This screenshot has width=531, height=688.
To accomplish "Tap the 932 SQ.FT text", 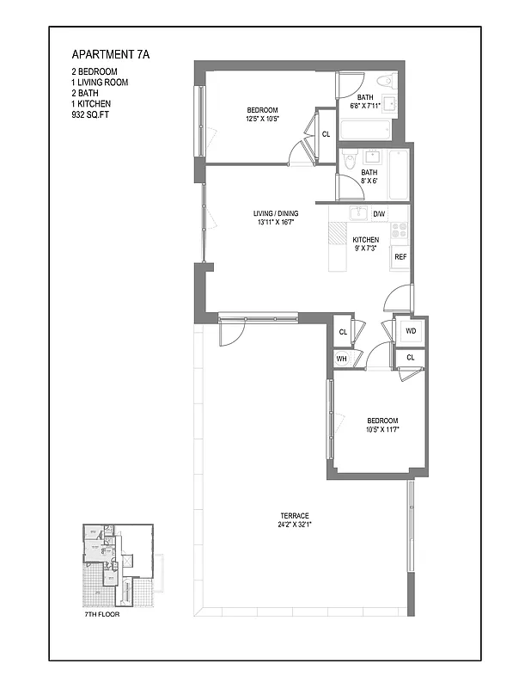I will click(x=95, y=115).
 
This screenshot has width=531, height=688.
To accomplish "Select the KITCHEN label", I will click(x=365, y=240).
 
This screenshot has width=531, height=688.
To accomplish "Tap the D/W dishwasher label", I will click(x=379, y=213).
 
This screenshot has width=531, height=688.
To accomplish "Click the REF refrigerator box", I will click(x=400, y=257).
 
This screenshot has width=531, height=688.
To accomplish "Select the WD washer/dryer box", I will click(x=410, y=330).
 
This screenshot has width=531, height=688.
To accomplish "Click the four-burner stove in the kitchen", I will click(x=400, y=230).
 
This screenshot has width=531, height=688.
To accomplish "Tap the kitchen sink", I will click(x=358, y=213).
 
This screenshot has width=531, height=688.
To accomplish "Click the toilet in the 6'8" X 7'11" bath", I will click(x=386, y=83).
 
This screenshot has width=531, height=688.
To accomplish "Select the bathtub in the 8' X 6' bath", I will click(x=399, y=175).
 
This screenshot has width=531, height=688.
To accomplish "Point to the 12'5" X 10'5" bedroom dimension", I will click(x=262, y=119).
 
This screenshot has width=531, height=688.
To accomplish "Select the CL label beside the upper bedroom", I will click(x=326, y=134).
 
